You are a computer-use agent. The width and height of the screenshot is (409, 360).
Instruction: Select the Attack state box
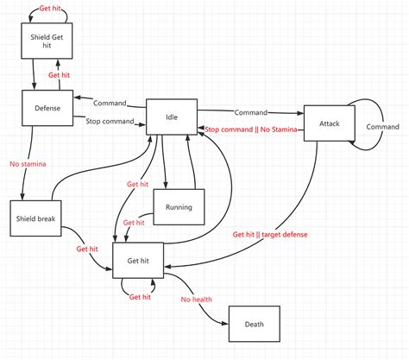click(330, 125)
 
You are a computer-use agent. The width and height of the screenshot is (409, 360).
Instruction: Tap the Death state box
click(255, 325)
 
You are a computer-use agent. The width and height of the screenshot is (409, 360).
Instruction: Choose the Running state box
click(178, 207)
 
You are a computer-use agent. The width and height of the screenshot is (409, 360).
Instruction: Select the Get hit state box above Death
click(139, 260)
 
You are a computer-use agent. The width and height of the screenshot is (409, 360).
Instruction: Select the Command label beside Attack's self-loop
click(382, 126)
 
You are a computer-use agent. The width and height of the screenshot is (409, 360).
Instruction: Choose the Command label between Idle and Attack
click(249, 111)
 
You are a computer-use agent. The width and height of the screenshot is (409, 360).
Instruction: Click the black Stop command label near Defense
click(110, 122)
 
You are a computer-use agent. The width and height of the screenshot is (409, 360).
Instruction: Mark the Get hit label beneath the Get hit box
click(141, 297)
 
